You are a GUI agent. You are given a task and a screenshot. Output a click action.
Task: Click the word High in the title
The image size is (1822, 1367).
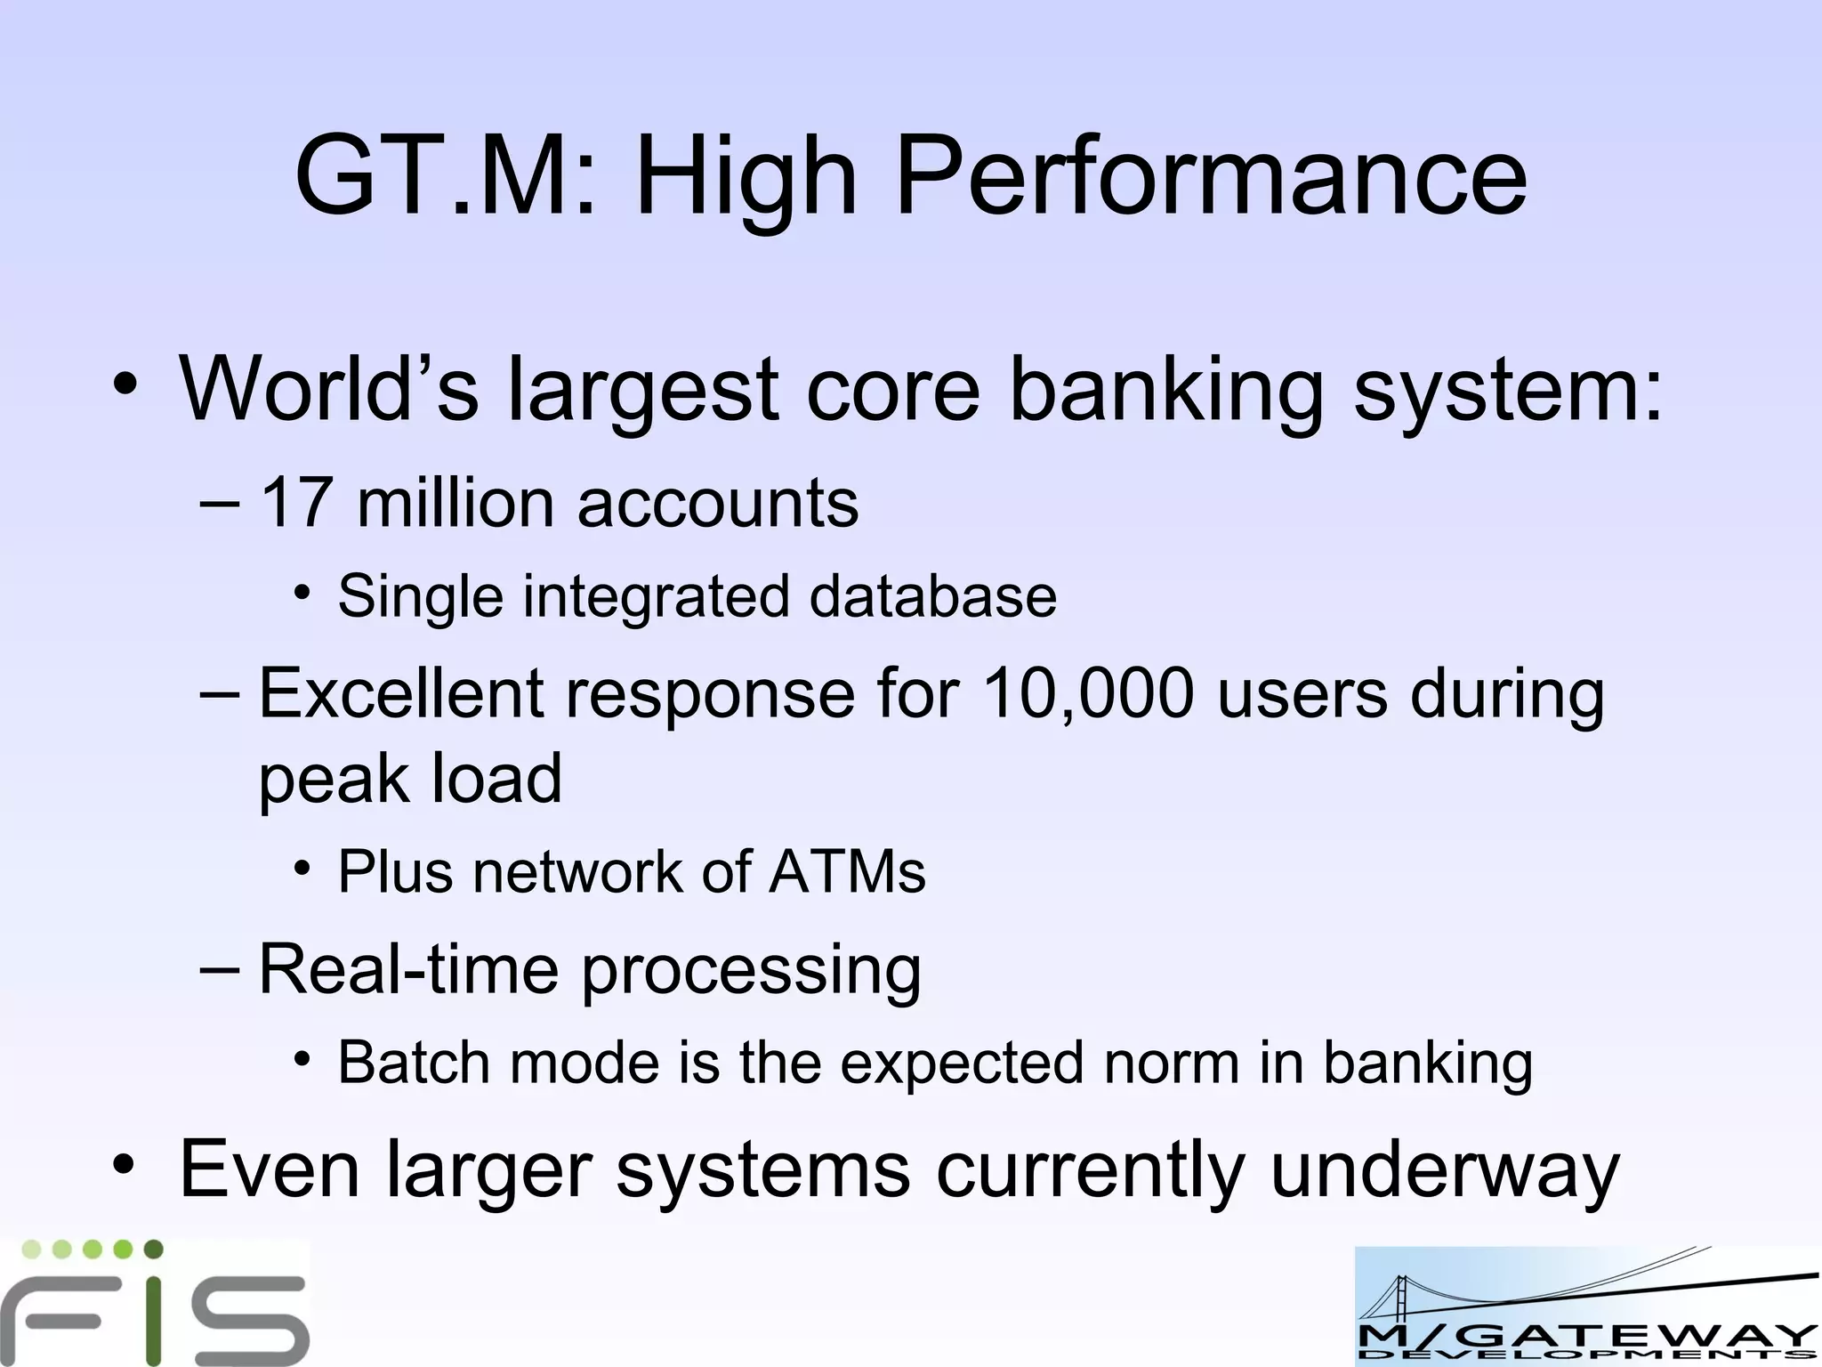click(x=746, y=178)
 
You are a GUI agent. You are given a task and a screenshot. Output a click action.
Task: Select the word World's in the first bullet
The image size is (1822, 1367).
click(x=329, y=389)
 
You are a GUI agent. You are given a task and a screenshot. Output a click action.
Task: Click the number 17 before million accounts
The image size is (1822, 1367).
click(x=297, y=504)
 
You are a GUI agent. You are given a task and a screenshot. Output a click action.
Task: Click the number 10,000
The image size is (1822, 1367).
click(x=1088, y=695)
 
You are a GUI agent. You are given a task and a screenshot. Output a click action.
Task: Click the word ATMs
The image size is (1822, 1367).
click(x=848, y=871)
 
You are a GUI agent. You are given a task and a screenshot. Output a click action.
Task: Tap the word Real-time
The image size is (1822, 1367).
click(x=408, y=969)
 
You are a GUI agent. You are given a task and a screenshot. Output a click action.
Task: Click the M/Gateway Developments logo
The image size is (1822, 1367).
click(x=1587, y=1306)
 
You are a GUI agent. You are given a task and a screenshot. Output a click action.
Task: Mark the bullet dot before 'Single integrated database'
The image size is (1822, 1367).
click(x=302, y=593)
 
